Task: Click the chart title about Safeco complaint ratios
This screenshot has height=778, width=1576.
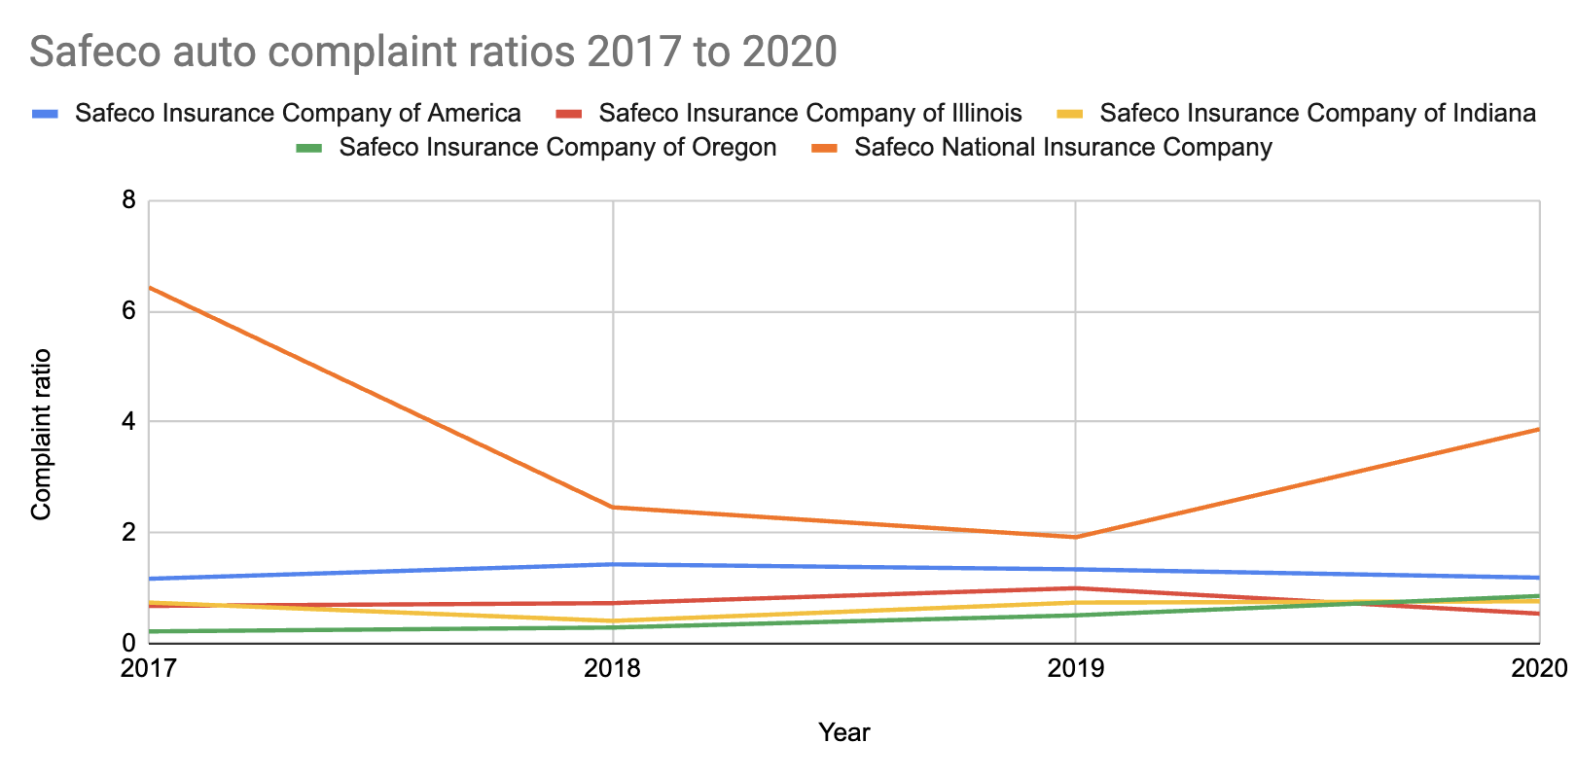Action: pyautogui.click(x=433, y=52)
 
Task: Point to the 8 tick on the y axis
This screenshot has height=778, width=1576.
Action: pyautogui.click(x=128, y=201)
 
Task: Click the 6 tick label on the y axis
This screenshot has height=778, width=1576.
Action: pyautogui.click(x=128, y=312)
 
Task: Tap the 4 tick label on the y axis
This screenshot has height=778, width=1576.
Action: pyautogui.click(x=128, y=422)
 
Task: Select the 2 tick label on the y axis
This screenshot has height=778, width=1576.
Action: pyautogui.click(x=128, y=533)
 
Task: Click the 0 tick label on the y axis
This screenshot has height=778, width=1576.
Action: pyautogui.click(x=128, y=643)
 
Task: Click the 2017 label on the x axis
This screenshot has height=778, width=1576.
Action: pyautogui.click(x=149, y=669)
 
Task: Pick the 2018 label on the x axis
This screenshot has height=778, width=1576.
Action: pyautogui.click(x=612, y=669)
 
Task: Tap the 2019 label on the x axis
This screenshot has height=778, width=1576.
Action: pyautogui.click(x=1075, y=669)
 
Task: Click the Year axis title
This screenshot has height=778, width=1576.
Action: pyautogui.click(x=843, y=732)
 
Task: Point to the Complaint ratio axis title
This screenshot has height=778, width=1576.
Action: pyautogui.click(x=41, y=434)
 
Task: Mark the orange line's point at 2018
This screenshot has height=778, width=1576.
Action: pyautogui.click(x=613, y=508)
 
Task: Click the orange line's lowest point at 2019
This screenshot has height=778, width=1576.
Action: pyautogui.click(x=1076, y=537)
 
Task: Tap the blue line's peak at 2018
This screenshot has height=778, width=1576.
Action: pyautogui.click(x=613, y=564)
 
